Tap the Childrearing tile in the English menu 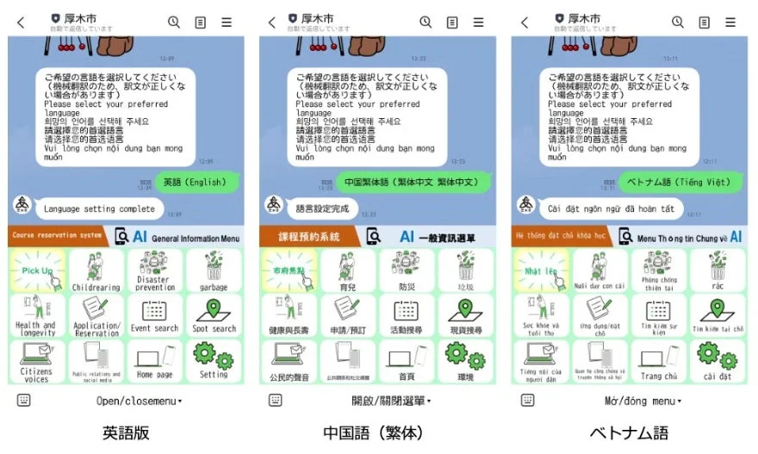[x=96, y=271]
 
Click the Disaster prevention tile [x=155, y=271]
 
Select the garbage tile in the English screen [x=214, y=271]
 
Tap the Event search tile [x=155, y=316]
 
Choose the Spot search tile [x=214, y=316]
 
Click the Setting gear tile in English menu [x=214, y=361]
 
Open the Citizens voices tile [x=37, y=361]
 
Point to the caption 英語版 [x=127, y=432]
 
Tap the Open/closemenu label [x=138, y=401]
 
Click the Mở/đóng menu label [x=642, y=401]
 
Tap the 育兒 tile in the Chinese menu [x=348, y=271]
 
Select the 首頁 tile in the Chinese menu [x=407, y=361]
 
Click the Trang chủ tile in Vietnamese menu [x=658, y=361]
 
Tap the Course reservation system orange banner [x=59, y=236]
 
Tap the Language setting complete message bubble [x=99, y=208]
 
